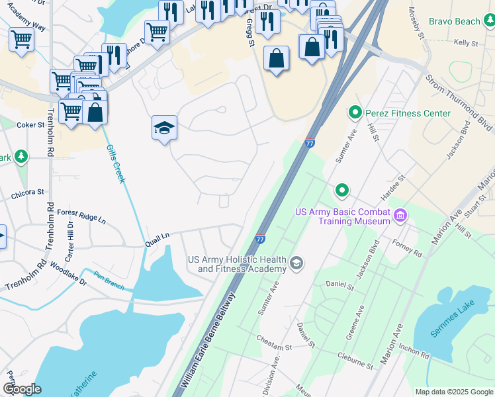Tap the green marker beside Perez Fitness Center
click(x=355, y=113)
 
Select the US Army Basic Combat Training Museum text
click(x=342, y=216)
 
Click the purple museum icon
click(x=400, y=215)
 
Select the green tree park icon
click(x=22, y=156)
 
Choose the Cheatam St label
click(x=274, y=343)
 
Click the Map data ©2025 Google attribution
click(x=454, y=392)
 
